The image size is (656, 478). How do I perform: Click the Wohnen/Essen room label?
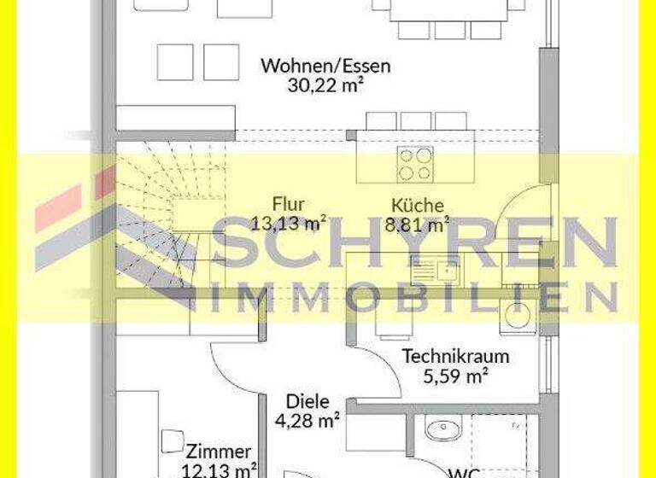tap(325, 66)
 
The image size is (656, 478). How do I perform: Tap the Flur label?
tap(289, 205)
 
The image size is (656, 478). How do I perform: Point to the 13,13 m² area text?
tap(289, 224)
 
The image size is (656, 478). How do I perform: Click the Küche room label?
tap(417, 206)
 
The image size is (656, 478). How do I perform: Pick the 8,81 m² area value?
tap(417, 225)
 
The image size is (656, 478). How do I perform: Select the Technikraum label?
tap(455, 356)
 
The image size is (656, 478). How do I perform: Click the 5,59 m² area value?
tap(456, 375)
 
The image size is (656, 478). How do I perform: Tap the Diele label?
tap(307, 401)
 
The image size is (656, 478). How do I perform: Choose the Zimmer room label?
tap(219, 452)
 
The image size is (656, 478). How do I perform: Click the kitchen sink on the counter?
tap(435, 270)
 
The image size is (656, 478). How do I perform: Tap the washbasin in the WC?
tap(442, 428)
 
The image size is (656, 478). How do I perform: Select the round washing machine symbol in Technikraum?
tap(517, 316)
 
